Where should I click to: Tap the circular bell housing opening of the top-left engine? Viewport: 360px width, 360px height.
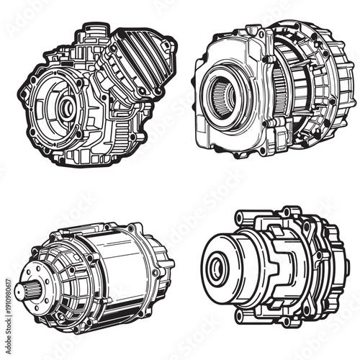pyautogui.click(x=61, y=108)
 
